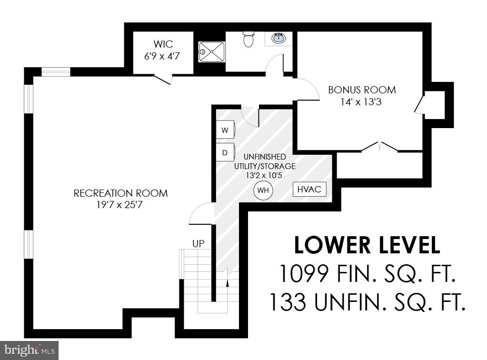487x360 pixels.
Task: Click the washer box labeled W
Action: pyautogui.click(x=225, y=130)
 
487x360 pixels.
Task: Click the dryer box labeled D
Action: pyautogui.click(x=225, y=152)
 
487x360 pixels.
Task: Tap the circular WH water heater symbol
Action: pyautogui.click(x=263, y=190)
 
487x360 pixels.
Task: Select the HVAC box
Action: pyautogui.click(x=309, y=189)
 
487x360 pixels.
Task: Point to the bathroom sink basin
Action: pyautogui.click(x=278, y=38)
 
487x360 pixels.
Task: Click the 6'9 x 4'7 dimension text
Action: pyautogui.click(x=163, y=57)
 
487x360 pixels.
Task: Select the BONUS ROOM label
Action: pyautogui.click(x=362, y=90)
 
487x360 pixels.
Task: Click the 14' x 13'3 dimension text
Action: pyautogui.click(x=362, y=101)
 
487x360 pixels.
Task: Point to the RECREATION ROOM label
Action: pyautogui.click(x=120, y=193)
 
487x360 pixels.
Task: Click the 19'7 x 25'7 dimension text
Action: pyautogui.click(x=120, y=205)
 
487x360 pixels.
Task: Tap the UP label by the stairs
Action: pyautogui.click(x=198, y=244)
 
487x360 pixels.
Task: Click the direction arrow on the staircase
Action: pyautogui.click(x=228, y=284)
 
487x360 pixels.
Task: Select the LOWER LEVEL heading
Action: pyautogui.click(x=367, y=246)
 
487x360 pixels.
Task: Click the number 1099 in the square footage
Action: pyautogui.click(x=304, y=274)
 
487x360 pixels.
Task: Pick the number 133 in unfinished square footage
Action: pyautogui.click(x=288, y=302)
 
